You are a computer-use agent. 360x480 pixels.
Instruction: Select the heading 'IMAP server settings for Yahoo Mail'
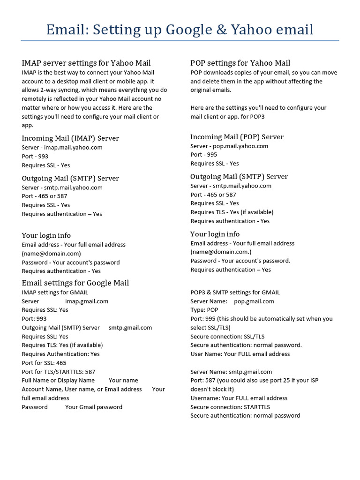(x=86, y=63)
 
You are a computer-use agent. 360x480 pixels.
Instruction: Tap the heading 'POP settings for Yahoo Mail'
(x=240, y=63)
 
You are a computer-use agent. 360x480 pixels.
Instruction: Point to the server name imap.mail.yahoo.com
(x=73, y=147)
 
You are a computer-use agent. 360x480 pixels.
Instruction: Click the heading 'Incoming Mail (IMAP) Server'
(x=70, y=138)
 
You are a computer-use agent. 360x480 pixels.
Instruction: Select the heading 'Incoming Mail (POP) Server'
(x=237, y=137)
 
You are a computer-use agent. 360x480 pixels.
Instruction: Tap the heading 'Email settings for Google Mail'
(x=75, y=283)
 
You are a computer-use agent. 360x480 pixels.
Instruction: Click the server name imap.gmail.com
(x=87, y=301)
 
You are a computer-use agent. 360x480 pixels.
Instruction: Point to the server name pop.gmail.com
(x=254, y=301)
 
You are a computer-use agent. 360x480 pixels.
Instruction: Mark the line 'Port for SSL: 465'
(x=44, y=363)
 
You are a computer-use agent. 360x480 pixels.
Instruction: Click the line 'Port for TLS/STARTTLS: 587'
(x=59, y=372)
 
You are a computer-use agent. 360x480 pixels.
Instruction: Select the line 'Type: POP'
(x=204, y=310)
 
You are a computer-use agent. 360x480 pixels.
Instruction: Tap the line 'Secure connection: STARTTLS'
(x=230, y=407)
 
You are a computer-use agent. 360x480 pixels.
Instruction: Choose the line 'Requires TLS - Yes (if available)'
(x=232, y=212)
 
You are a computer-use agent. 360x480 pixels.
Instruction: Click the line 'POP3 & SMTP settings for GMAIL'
(x=235, y=292)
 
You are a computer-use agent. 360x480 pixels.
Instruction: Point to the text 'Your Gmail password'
(x=94, y=407)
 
